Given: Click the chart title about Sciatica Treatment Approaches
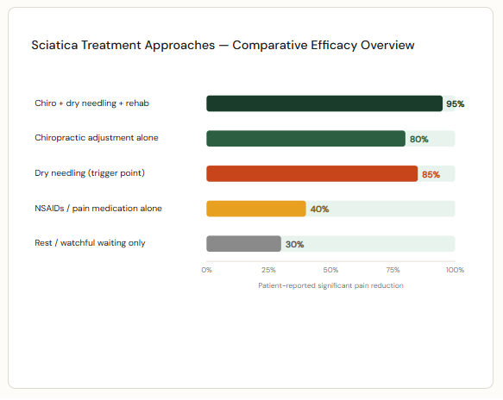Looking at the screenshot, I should (223, 44).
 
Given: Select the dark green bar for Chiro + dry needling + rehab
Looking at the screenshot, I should (324, 103).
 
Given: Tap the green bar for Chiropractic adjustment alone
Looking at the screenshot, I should (305, 139).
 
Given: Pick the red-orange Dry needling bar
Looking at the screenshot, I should (311, 174).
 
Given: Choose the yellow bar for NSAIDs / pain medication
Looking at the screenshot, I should (255, 209).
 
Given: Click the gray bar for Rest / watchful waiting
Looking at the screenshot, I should (243, 244).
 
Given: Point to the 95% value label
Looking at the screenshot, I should (455, 104).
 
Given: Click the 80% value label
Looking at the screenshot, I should (419, 140).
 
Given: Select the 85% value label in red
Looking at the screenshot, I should (431, 175).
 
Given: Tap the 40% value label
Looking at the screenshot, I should (318, 209).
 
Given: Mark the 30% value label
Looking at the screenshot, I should (294, 245).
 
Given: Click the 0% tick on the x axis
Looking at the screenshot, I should (207, 270).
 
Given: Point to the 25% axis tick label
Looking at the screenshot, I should (268, 270).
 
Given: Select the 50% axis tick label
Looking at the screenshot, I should (330, 270).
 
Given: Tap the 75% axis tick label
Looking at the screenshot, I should (393, 270).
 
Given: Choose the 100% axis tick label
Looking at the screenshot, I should (454, 270).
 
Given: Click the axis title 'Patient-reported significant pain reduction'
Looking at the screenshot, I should (330, 285).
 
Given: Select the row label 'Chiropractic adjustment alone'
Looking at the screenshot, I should (97, 138).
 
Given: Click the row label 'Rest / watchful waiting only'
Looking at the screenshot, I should (90, 243).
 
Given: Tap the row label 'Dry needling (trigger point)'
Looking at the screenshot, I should (90, 173).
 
